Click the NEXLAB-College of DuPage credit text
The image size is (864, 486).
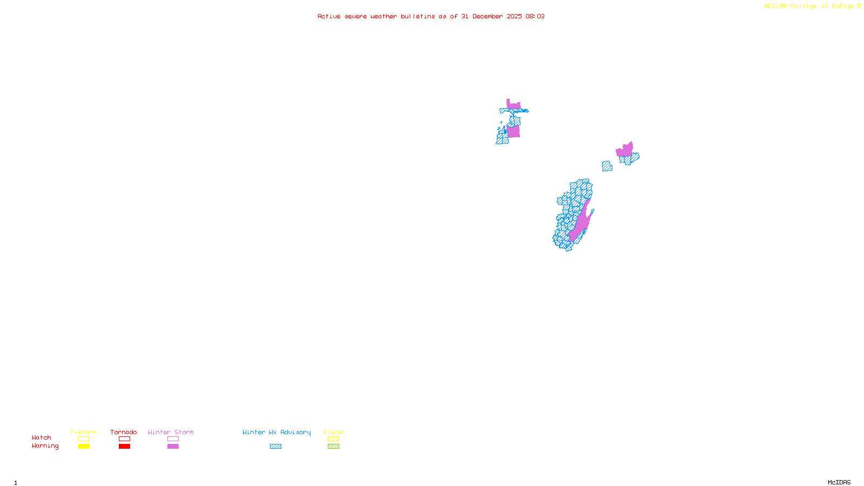pos(809,6)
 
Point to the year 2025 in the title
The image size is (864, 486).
pos(514,17)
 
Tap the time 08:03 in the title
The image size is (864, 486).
pos(535,17)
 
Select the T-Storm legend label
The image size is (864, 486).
pos(83,432)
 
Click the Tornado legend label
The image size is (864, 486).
pos(124,432)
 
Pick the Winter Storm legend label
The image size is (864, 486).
pos(171,432)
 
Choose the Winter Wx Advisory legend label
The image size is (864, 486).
pos(276,432)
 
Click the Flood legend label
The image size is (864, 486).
pos(333,432)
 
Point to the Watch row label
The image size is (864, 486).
pos(42,438)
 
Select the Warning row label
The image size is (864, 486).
pos(45,446)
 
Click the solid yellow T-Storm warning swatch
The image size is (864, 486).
pos(84,447)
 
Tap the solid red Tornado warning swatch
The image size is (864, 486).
pos(124,447)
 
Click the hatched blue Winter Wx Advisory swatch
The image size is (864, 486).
pos(275,447)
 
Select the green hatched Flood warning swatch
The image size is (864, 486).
pos(333,447)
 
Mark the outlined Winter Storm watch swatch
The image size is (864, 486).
pos(173,439)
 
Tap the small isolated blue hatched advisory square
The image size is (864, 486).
pos(607,166)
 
